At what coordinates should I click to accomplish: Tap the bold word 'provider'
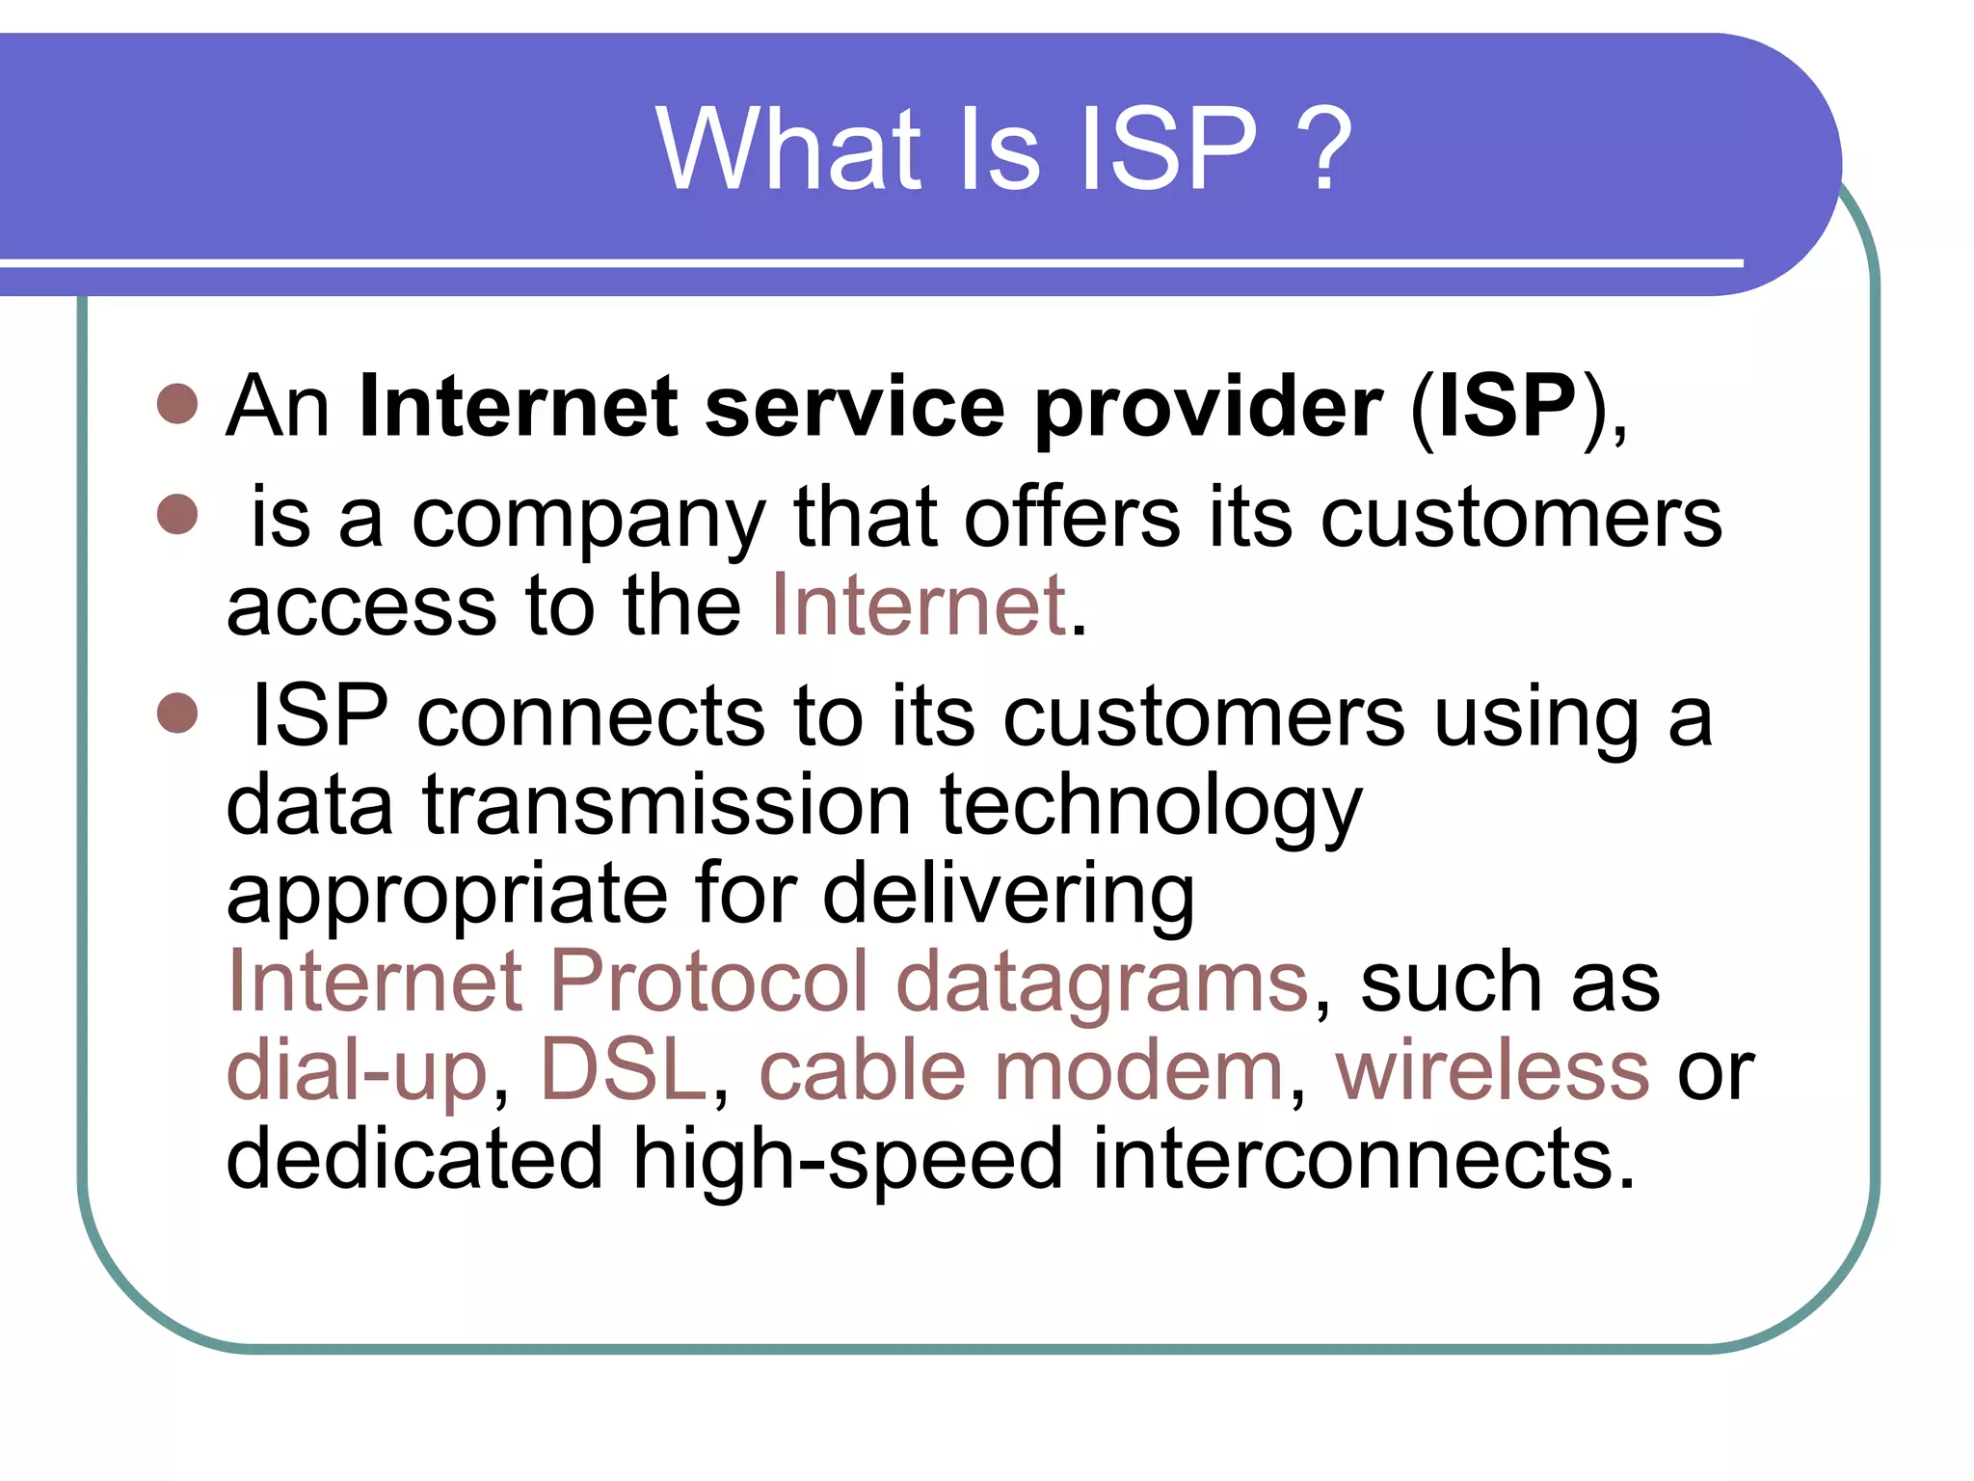1209,409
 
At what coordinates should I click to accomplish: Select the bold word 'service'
855,407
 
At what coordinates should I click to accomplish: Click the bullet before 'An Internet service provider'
177,404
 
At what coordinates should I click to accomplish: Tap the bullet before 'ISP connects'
177,713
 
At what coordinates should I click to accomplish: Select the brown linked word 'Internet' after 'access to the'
919,606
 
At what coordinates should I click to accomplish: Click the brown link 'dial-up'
358,1071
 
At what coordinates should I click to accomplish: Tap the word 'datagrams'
1102,983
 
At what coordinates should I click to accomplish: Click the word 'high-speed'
847,1160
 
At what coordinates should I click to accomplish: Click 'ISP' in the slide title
1169,149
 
